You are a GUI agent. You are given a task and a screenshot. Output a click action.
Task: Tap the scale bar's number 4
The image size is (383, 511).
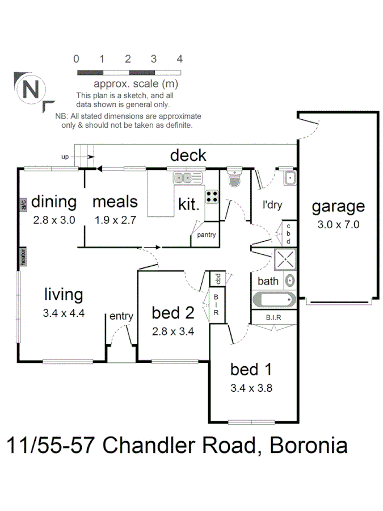pyautogui.click(x=179, y=59)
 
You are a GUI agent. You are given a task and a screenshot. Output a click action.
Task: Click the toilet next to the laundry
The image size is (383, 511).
pyautogui.click(x=233, y=179)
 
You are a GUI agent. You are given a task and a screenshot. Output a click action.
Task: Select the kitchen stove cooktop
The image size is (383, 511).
pyautogui.click(x=212, y=196)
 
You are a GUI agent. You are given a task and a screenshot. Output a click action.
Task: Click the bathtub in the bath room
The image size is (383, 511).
pyautogui.click(x=273, y=299)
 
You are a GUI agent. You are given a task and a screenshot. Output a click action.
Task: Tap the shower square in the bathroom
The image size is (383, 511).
pyautogui.click(x=285, y=259)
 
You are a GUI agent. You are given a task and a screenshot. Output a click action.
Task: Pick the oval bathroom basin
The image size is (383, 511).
pyautogui.click(x=290, y=280)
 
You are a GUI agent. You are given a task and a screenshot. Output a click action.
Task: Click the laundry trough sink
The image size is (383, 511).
pyautogui.click(x=289, y=178)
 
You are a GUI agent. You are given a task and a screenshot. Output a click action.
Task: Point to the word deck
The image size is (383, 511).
pyautogui.click(x=188, y=156)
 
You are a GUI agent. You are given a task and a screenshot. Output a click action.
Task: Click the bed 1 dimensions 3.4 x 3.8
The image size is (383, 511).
pyautogui.click(x=251, y=389)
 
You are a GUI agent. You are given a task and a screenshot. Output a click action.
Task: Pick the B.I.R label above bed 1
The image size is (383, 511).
pyautogui.click(x=273, y=318)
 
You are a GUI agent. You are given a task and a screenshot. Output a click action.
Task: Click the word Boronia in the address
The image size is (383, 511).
pyautogui.click(x=309, y=445)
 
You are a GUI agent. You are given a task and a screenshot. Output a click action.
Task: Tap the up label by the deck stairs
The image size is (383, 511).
pyautogui.click(x=65, y=156)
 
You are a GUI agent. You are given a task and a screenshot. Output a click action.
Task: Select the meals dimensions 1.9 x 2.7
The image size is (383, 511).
pyautogui.click(x=115, y=220)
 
